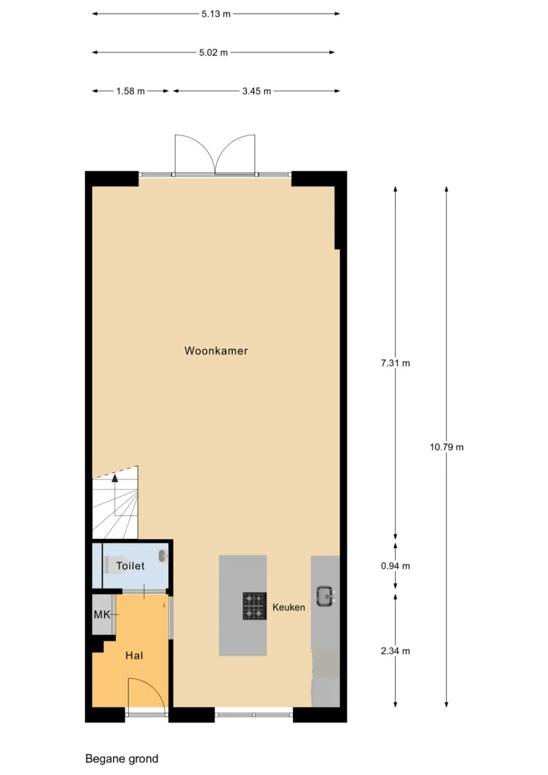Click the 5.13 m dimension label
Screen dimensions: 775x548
click(x=216, y=14)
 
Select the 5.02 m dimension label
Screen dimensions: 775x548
click(x=213, y=53)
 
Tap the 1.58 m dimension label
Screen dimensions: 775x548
click(x=130, y=91)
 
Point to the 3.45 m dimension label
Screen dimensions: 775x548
click(x=256, y=91)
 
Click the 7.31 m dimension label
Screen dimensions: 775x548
click(x=395, y=363)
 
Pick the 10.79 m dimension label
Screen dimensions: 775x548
click(x=446, y=447)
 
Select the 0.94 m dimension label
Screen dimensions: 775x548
click(x=395, y=566)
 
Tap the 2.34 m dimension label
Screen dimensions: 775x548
click(x=395, y=651)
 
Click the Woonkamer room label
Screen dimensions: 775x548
click(x=216, y=351)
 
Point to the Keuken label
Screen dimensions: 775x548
click(x=288, y=607)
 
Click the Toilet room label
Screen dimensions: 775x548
click(x=130, y=566)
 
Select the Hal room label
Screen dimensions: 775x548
click(x=134, y=656)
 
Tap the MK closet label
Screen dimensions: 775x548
click(x=102, y=615)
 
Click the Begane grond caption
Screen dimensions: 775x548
click(x=122, y=759)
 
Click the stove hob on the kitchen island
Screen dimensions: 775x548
click(x=254, y=606)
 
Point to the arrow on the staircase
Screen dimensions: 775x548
click(x=115, y=478)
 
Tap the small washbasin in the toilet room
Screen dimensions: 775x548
click(x=163, y=555)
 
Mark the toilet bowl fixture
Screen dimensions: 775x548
click(x=115, y=565)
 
